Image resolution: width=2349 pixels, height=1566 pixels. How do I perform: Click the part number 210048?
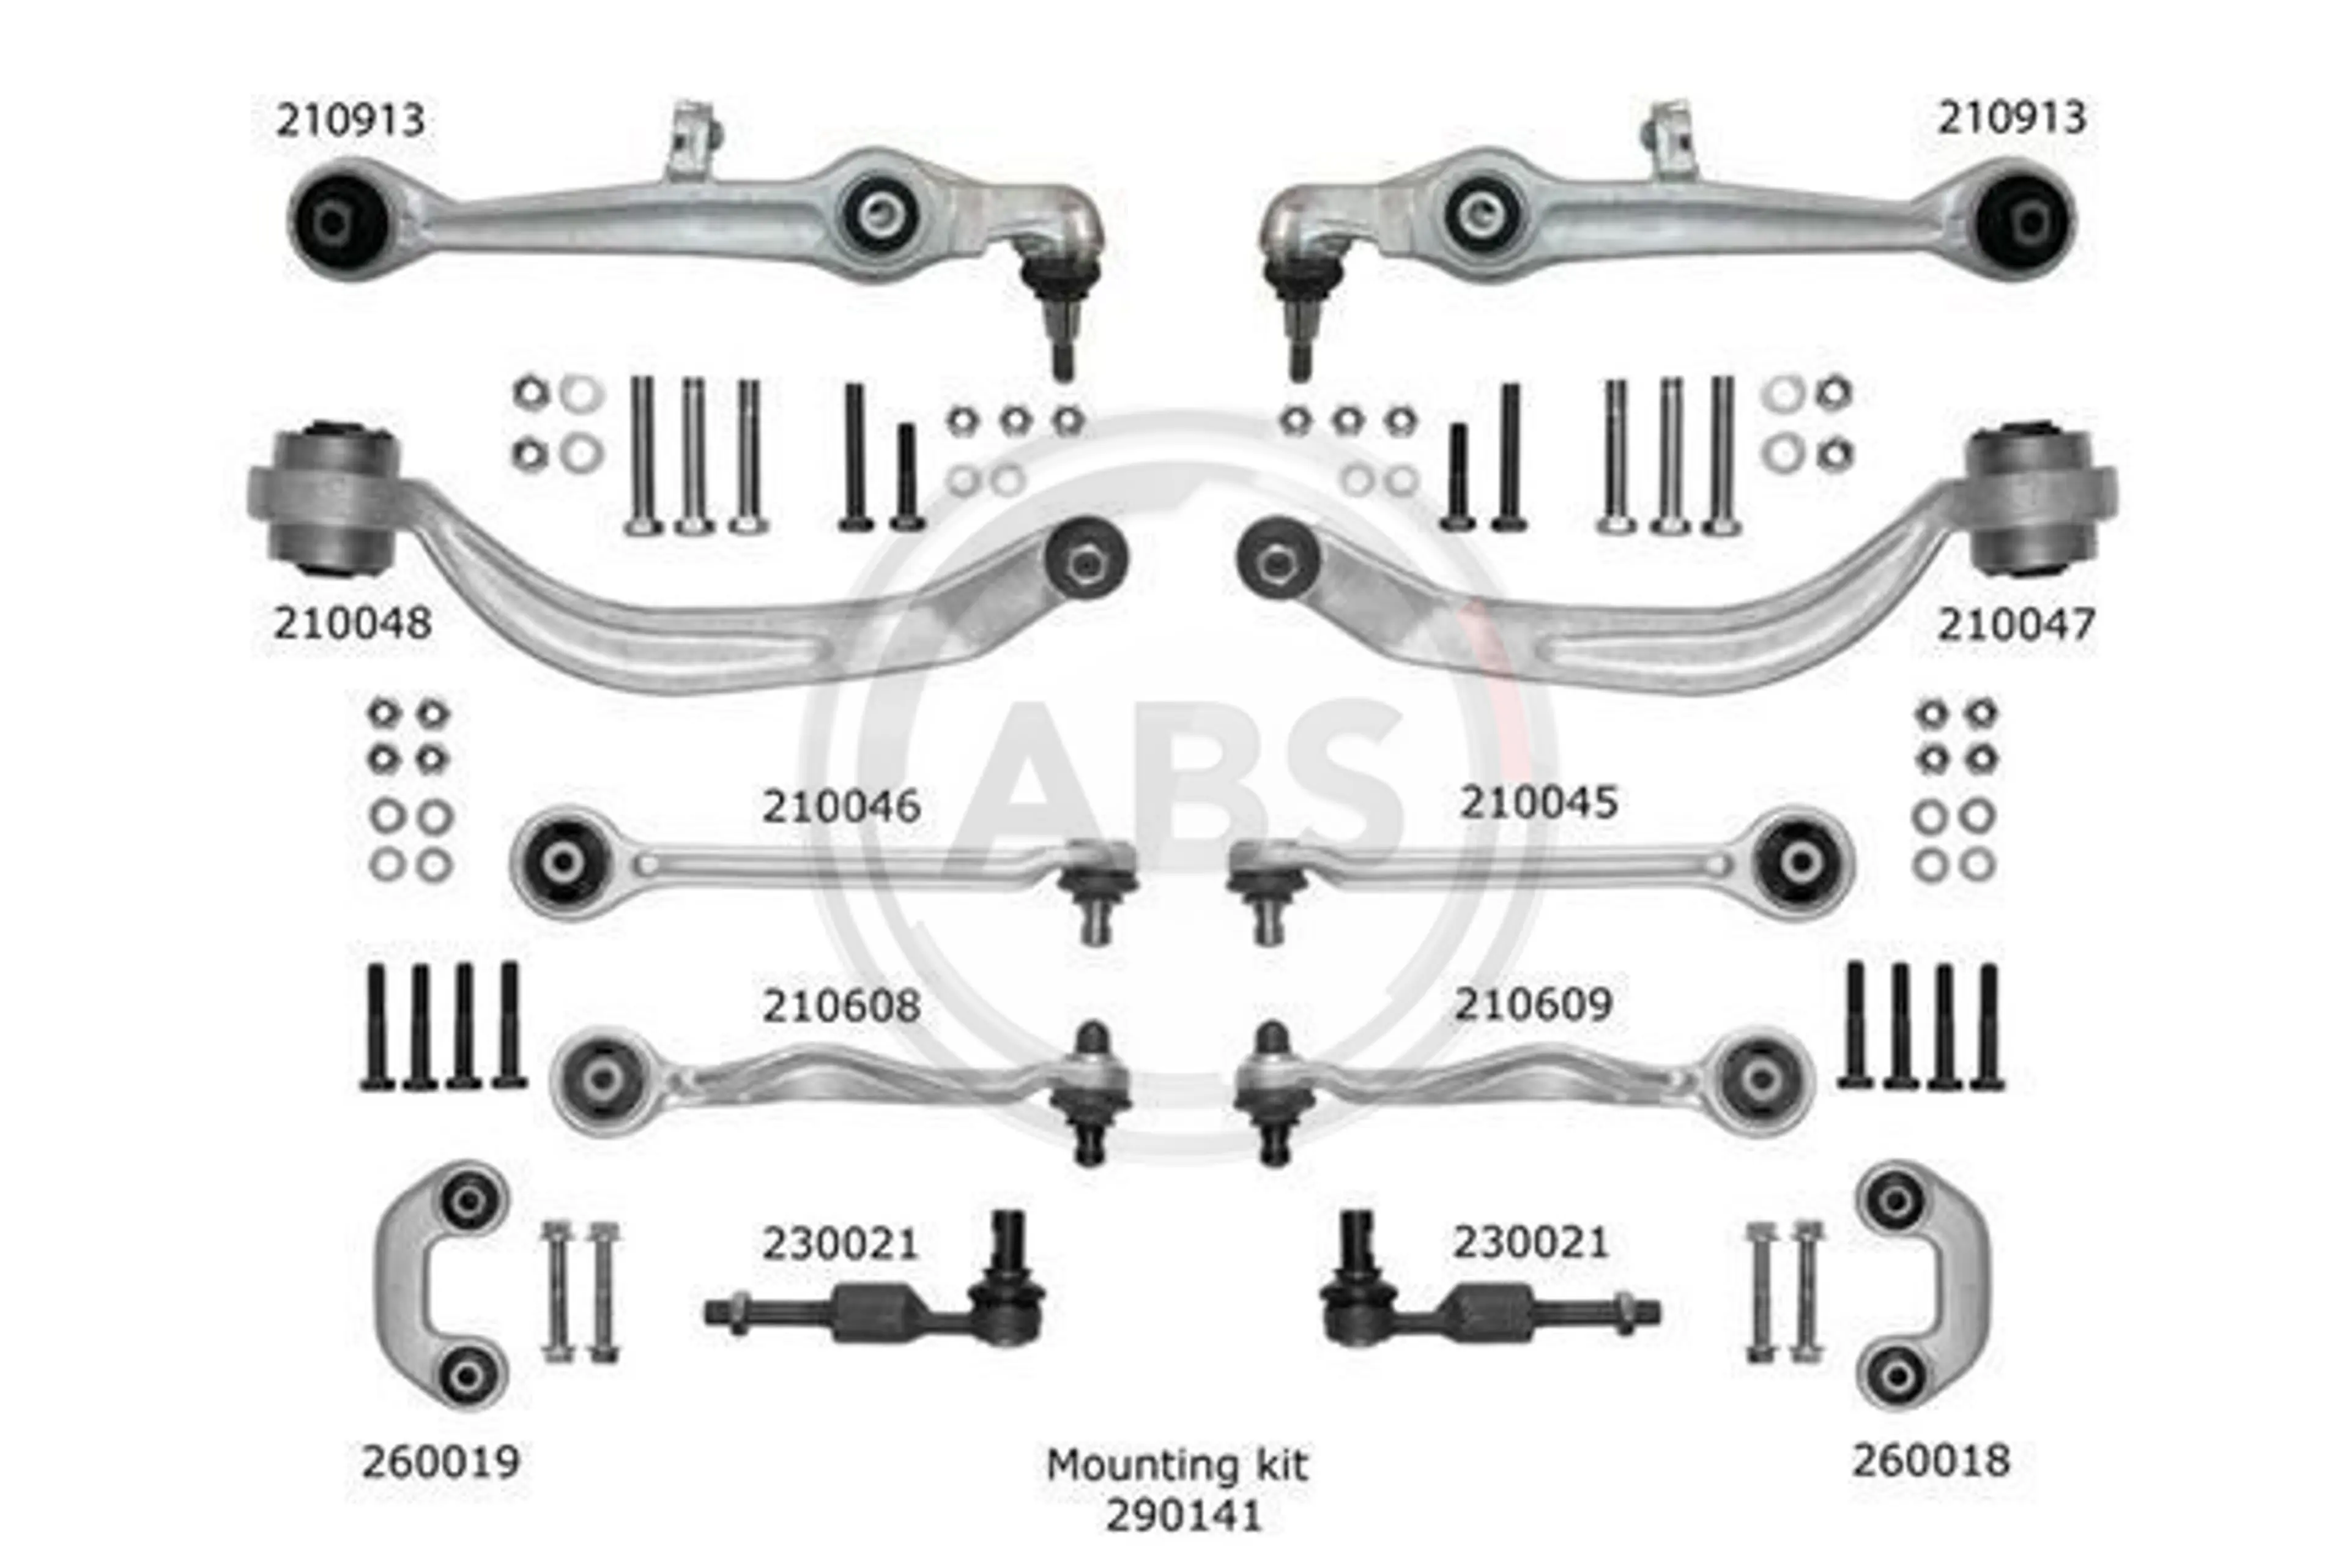click(352, 623)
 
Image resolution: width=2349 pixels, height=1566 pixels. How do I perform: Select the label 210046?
click(841, 807)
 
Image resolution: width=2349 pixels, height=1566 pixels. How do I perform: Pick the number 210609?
click(1533, 1004)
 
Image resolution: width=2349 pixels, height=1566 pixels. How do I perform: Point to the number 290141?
click(1184, 1516)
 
